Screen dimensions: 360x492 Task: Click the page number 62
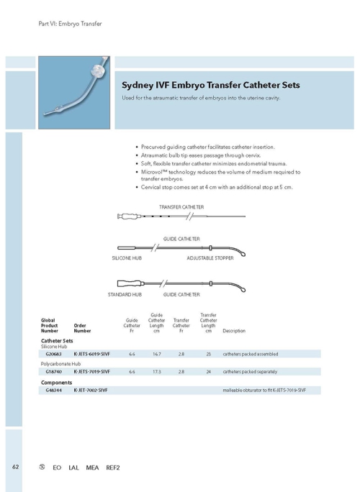[x=14, y=467]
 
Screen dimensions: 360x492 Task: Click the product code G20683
[x=53, y=354]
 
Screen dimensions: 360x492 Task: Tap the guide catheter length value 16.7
[x=156, y=354]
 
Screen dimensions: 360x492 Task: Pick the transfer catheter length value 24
[x=208, y=372]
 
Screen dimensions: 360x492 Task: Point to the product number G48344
[x=53, y=391]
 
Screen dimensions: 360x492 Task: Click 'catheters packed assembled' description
[x=251, y=354]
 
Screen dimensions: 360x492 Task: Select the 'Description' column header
[x=235, y=331]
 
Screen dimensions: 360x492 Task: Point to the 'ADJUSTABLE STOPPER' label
[x=210, y=258]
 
